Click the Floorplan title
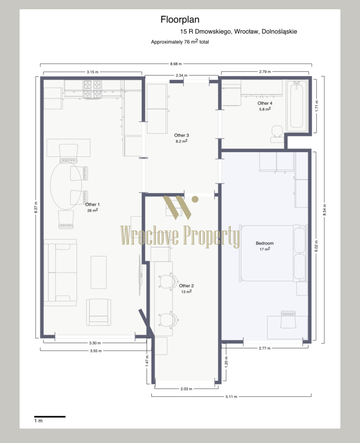(x=180, y=20)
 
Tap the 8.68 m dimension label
(x=176, y=64)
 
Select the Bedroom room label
(x=264, y=243)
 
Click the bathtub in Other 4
(x=296, y=106)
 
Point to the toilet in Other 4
(x=277, y=134)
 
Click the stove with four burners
(x=93, y=89)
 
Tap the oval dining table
(x=66, y=185)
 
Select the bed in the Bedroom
(x=273, y=253)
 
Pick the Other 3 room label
(x=182, y=135)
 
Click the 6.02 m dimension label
(x=316, y=246)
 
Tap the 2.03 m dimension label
(x=186, y=389)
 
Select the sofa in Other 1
(x=60, y=272)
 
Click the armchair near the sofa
(x=99, y=312)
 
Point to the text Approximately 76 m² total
(x=180, y=42)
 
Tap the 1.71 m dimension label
(x=316, y=106)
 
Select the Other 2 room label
(x=186, y=286)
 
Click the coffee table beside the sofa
(x=99, y=272)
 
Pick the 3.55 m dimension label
(x=96, y=351)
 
